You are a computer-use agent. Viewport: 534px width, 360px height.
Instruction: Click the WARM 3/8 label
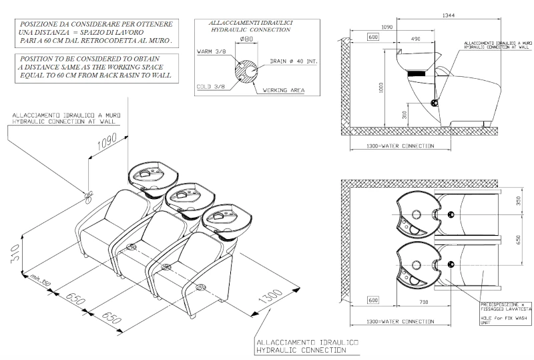coord(212,51)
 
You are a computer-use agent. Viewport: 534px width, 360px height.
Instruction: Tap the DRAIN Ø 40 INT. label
coord(291,61)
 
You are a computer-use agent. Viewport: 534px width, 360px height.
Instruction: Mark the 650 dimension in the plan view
coord(517,238)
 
